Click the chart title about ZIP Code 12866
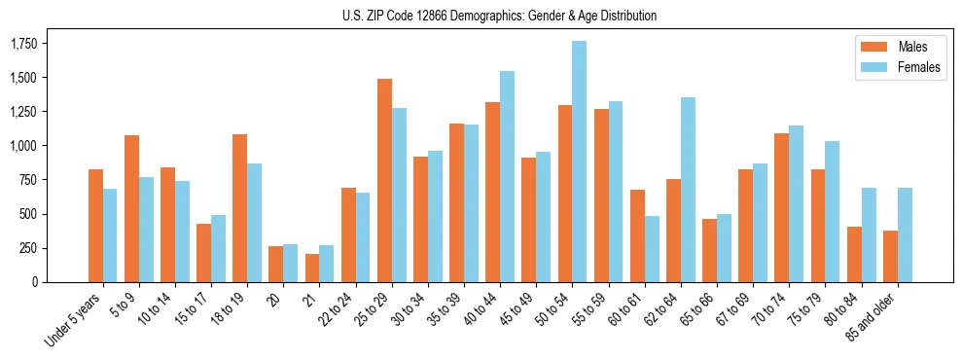coord(499,16)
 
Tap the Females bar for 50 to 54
coord(579,162)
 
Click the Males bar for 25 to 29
coord(384,180)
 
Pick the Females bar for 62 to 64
coord(688,190)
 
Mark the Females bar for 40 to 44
coord(507,176)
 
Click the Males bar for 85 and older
coord(890,256)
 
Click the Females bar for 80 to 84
coord(869,234)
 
